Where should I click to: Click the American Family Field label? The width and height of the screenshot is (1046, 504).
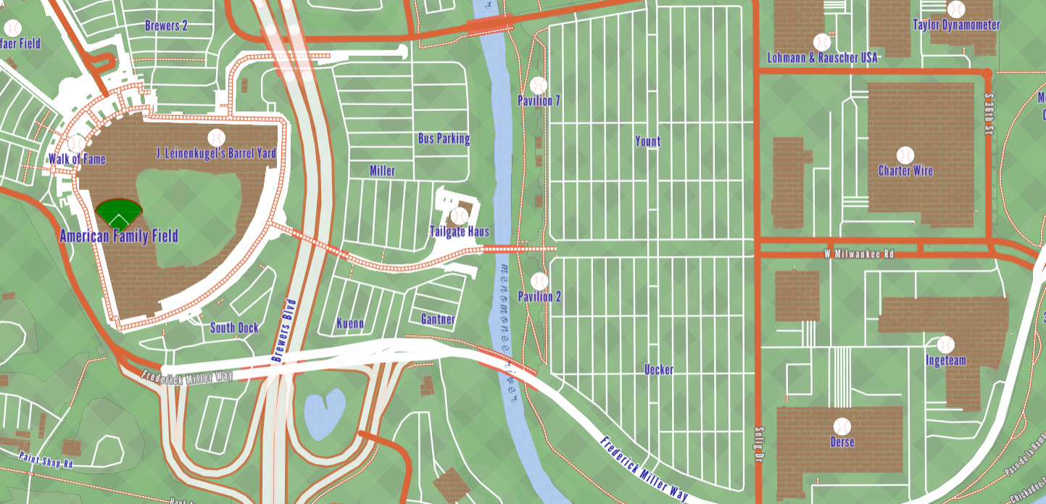point(118,236)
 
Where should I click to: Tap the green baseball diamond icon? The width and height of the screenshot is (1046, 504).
point(119,212)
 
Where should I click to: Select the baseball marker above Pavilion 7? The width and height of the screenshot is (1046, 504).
point(538,86)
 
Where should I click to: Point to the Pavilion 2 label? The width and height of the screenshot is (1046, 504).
point(539,297)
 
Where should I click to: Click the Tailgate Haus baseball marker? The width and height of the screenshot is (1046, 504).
point(459,216)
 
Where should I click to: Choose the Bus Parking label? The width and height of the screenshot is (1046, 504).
point(444,139)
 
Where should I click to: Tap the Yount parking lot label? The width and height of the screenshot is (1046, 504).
point(647,141)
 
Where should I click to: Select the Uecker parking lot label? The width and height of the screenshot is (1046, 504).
point(659,370)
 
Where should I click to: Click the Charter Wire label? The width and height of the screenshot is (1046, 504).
point(905,171)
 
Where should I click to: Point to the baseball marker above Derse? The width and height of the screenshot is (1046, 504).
point(842,426)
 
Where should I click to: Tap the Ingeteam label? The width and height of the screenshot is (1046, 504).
point(945,360)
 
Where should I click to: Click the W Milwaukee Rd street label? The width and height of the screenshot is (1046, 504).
point(859,255)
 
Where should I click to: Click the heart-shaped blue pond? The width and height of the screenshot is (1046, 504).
point(323,413)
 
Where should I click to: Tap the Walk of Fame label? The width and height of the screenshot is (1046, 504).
point(77,160)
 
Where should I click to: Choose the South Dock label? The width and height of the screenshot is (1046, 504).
point(234,328)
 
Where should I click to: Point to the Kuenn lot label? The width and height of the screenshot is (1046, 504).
point(350,323)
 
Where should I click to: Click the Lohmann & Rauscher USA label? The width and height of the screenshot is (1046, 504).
point(822,58)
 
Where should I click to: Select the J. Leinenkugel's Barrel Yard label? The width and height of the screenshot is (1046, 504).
point(216,154)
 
